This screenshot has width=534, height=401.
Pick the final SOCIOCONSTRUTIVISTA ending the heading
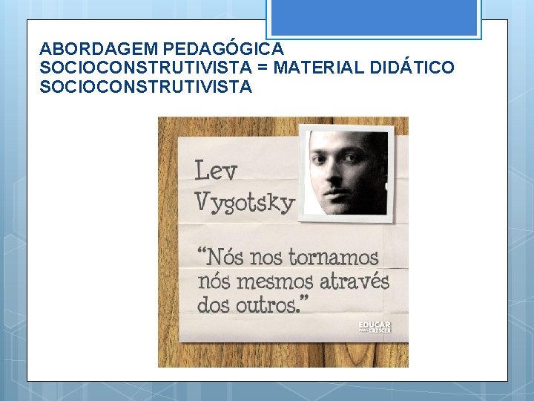pos(146,88)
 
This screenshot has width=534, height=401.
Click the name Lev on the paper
pos(216,172)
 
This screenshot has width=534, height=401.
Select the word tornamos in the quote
pos(333,258)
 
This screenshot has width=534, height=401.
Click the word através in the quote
pos(355,281)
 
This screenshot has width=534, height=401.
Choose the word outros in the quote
pos(265,304)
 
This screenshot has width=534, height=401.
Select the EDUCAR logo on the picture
pos(374,327)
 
